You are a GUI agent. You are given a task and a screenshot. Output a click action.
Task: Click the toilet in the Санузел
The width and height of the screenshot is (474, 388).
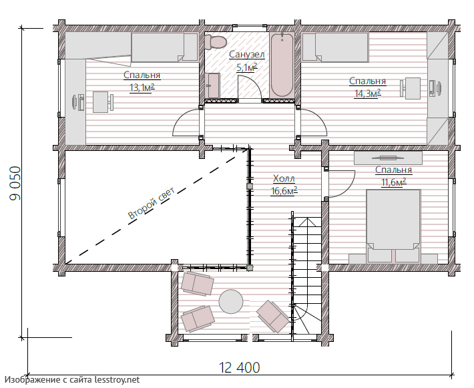point(215,41)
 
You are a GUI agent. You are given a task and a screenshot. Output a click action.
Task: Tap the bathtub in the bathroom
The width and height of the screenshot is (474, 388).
point(282,65)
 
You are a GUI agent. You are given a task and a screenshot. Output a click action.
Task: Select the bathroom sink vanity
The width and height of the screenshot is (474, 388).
point(213,85)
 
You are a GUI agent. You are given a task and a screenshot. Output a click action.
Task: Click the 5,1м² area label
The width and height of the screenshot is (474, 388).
point(246,67)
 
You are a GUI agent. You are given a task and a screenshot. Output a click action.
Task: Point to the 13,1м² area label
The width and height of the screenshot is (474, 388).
point(142,87)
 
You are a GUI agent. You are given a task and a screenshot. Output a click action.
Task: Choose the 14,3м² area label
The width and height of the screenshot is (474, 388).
point(367,93)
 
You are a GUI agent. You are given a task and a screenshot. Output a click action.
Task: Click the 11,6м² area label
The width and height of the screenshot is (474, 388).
point(393,182)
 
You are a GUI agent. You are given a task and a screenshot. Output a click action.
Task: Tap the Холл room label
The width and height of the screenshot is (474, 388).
point(284,179)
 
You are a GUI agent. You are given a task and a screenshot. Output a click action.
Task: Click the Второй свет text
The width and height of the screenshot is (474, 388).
point(151,203)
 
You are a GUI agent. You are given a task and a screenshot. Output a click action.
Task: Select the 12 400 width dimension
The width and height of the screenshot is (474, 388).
point(239,368)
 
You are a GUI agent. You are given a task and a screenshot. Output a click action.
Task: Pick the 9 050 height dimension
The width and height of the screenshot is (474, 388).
point(15,183)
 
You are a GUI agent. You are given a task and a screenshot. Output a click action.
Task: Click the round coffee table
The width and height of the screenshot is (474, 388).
point(231,301)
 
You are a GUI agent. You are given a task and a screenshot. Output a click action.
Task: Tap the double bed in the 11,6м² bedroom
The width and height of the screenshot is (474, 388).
point(393,226)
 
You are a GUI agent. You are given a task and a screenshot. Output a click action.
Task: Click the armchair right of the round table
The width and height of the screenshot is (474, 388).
point(272,316)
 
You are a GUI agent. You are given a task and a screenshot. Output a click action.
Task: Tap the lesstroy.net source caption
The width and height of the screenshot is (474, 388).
point(72,380)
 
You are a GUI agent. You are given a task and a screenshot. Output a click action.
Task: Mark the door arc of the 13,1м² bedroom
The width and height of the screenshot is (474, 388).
point(182,120)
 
